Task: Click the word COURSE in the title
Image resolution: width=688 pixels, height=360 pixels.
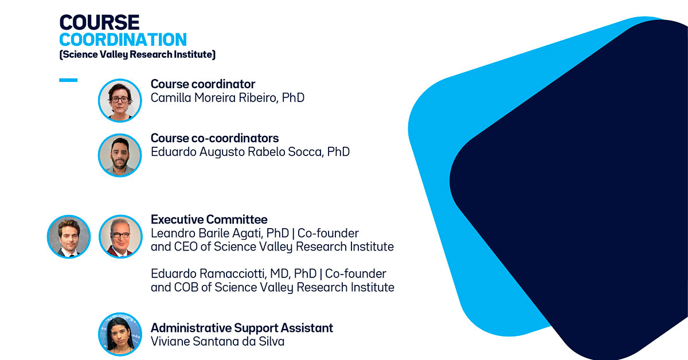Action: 99,22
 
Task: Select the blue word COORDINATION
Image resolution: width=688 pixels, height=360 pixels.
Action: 123,40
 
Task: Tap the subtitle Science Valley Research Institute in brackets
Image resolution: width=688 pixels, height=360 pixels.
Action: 137,54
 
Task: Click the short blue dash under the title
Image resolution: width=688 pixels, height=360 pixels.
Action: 68,80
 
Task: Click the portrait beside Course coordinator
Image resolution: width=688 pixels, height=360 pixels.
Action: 120,100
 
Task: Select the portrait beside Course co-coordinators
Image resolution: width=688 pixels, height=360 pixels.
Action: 120,155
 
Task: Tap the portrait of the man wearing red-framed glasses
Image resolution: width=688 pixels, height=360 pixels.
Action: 120,237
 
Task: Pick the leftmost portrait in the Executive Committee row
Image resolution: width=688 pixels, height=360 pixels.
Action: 69,237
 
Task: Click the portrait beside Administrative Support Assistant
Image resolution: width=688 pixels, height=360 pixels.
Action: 120,334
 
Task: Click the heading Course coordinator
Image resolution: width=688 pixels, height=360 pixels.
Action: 203,84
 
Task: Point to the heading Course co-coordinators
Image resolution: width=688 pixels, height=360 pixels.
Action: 214,138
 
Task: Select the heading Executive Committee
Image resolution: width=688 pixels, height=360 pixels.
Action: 209,220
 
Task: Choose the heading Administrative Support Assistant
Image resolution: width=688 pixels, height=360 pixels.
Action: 242,328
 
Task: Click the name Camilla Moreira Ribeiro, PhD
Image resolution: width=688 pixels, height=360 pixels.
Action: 227,97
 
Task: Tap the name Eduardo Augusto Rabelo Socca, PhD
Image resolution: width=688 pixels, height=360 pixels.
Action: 250,152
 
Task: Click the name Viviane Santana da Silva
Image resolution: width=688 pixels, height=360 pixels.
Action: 217,342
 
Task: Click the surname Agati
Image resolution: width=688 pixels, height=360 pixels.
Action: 249,234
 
